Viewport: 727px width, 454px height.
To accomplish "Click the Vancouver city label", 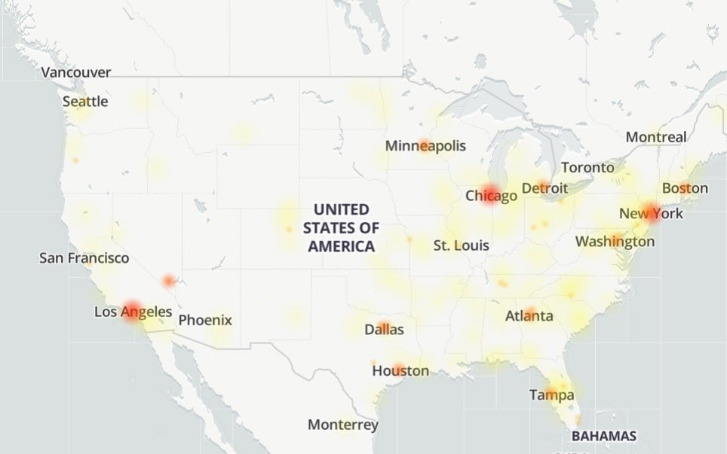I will pos(75,73).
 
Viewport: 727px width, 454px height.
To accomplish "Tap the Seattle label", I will pos(85,102).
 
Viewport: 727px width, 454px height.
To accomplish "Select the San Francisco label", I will pos(84,258).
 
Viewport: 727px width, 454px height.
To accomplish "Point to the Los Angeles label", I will pos(133,312).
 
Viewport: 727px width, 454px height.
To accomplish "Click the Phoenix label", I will pos(205,320).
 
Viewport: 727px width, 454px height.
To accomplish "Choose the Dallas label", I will pos(384,330).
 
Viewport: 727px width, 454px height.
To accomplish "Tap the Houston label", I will pos(400,371).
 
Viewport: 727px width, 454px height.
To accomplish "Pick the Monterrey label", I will pos(342,425).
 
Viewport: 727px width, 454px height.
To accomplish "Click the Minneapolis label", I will pos(425,146).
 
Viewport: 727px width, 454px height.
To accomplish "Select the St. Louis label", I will pos(461,245).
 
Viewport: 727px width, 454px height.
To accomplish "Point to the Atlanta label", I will pos(529,316).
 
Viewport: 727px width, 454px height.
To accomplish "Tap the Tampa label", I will pos(551,395).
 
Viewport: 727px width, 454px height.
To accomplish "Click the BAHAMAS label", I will pos(603,436).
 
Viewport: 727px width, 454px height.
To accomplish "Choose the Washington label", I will pos(615,242).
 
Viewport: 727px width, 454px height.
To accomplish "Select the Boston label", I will pos(685,188).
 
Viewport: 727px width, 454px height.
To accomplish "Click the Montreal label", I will pos(656,137).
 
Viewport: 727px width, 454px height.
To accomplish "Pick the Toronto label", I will pos(587,168).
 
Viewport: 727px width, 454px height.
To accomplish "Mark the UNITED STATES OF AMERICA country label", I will pos(341,227).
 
